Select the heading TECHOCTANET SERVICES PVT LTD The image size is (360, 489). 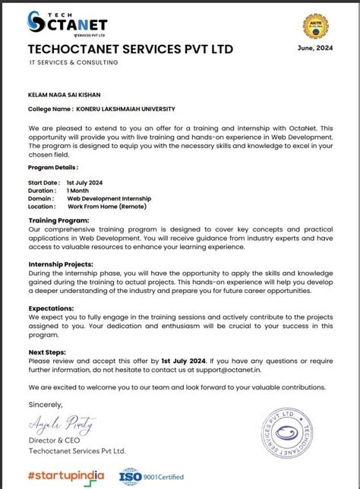coord(130,49)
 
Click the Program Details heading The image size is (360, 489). coord(52,166)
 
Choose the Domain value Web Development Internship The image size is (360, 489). coord(110,198)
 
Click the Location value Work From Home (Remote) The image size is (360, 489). coord(106,206)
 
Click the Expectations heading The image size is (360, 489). coord(51,308)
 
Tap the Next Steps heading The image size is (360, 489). coord(46,352)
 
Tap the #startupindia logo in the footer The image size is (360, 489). coord(65,475)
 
